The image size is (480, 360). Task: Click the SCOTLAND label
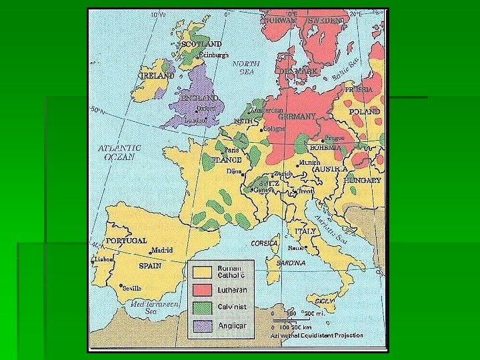(202, 44)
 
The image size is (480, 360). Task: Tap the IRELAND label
(157, 75)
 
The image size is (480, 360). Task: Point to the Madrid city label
(162, 250)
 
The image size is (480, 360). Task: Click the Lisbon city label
(103, 259)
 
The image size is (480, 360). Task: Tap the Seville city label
(131, 288)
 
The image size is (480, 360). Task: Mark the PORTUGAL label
(126, 241)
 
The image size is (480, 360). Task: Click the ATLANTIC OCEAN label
(119, 153)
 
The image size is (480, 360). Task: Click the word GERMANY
(297, 116)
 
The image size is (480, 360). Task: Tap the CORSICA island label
(264, 243)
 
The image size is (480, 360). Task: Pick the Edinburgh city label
(214, 55)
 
